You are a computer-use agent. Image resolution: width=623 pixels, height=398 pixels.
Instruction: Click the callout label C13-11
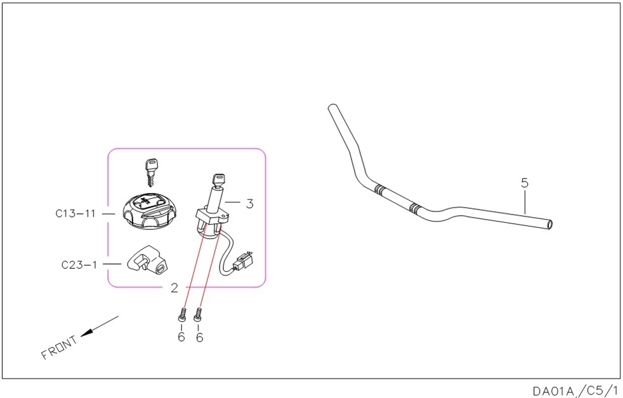(75, 213)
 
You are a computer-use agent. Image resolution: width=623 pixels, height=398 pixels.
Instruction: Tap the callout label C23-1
(79, 265)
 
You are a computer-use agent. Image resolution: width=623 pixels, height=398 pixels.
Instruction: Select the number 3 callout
(249, 204)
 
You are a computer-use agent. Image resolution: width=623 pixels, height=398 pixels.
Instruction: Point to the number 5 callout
(525, 183)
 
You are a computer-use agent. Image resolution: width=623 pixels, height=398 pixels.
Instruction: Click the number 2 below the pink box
(174, 288)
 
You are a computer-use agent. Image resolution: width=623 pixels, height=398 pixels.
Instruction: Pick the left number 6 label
(181, 337)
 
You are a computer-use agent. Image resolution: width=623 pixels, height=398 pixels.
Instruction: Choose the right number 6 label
(199, 337)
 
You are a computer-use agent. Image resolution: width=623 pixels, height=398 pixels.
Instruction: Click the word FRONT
(60, 347)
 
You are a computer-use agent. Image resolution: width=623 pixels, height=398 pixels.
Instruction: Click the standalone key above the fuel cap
(150, 172)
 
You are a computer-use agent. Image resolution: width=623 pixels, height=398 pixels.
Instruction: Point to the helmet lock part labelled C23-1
(147, 259)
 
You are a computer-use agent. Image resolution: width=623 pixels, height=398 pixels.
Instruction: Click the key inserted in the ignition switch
(219, 180)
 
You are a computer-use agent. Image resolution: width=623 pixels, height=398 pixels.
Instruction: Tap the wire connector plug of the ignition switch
(243, 260)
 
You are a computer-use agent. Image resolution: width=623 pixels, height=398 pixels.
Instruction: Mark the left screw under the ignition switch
(181, 315)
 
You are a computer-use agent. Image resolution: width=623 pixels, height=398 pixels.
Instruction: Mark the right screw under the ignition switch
(199, 315)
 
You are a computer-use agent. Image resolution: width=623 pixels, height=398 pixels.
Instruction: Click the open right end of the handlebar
(549, 225)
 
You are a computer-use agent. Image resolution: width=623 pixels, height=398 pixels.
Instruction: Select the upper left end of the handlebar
(332, 108)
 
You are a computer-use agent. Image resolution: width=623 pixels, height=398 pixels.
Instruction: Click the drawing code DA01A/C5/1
(575, 391)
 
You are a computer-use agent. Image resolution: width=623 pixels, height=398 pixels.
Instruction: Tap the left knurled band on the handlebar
(379, 190)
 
